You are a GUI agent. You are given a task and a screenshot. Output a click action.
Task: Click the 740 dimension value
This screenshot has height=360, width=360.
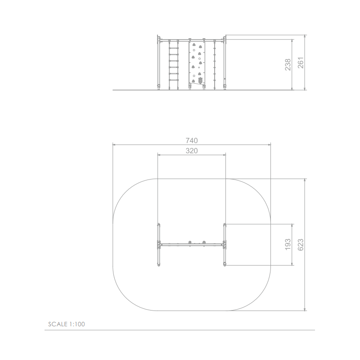click(x=192, y=140)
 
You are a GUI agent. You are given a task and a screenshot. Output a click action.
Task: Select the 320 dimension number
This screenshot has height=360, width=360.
click(x=192, y=151)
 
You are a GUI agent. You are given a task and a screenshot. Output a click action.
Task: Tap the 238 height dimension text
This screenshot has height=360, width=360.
click(x=288, y=64)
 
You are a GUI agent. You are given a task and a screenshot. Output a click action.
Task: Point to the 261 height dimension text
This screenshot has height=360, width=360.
click(x=301, y=63)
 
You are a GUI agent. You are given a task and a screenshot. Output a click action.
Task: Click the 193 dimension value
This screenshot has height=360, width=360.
click(x=288, y=244)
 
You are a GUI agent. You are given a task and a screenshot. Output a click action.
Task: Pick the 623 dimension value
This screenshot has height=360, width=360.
click(x=301, y=245)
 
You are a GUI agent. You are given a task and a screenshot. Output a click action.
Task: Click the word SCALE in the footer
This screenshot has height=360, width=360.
click(x=58, y=324)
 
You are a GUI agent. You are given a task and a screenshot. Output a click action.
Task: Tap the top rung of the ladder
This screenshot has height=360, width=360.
click(x=174, y=48)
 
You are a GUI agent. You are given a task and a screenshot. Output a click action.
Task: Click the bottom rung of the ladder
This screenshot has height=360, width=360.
click(x=174, y=80)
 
